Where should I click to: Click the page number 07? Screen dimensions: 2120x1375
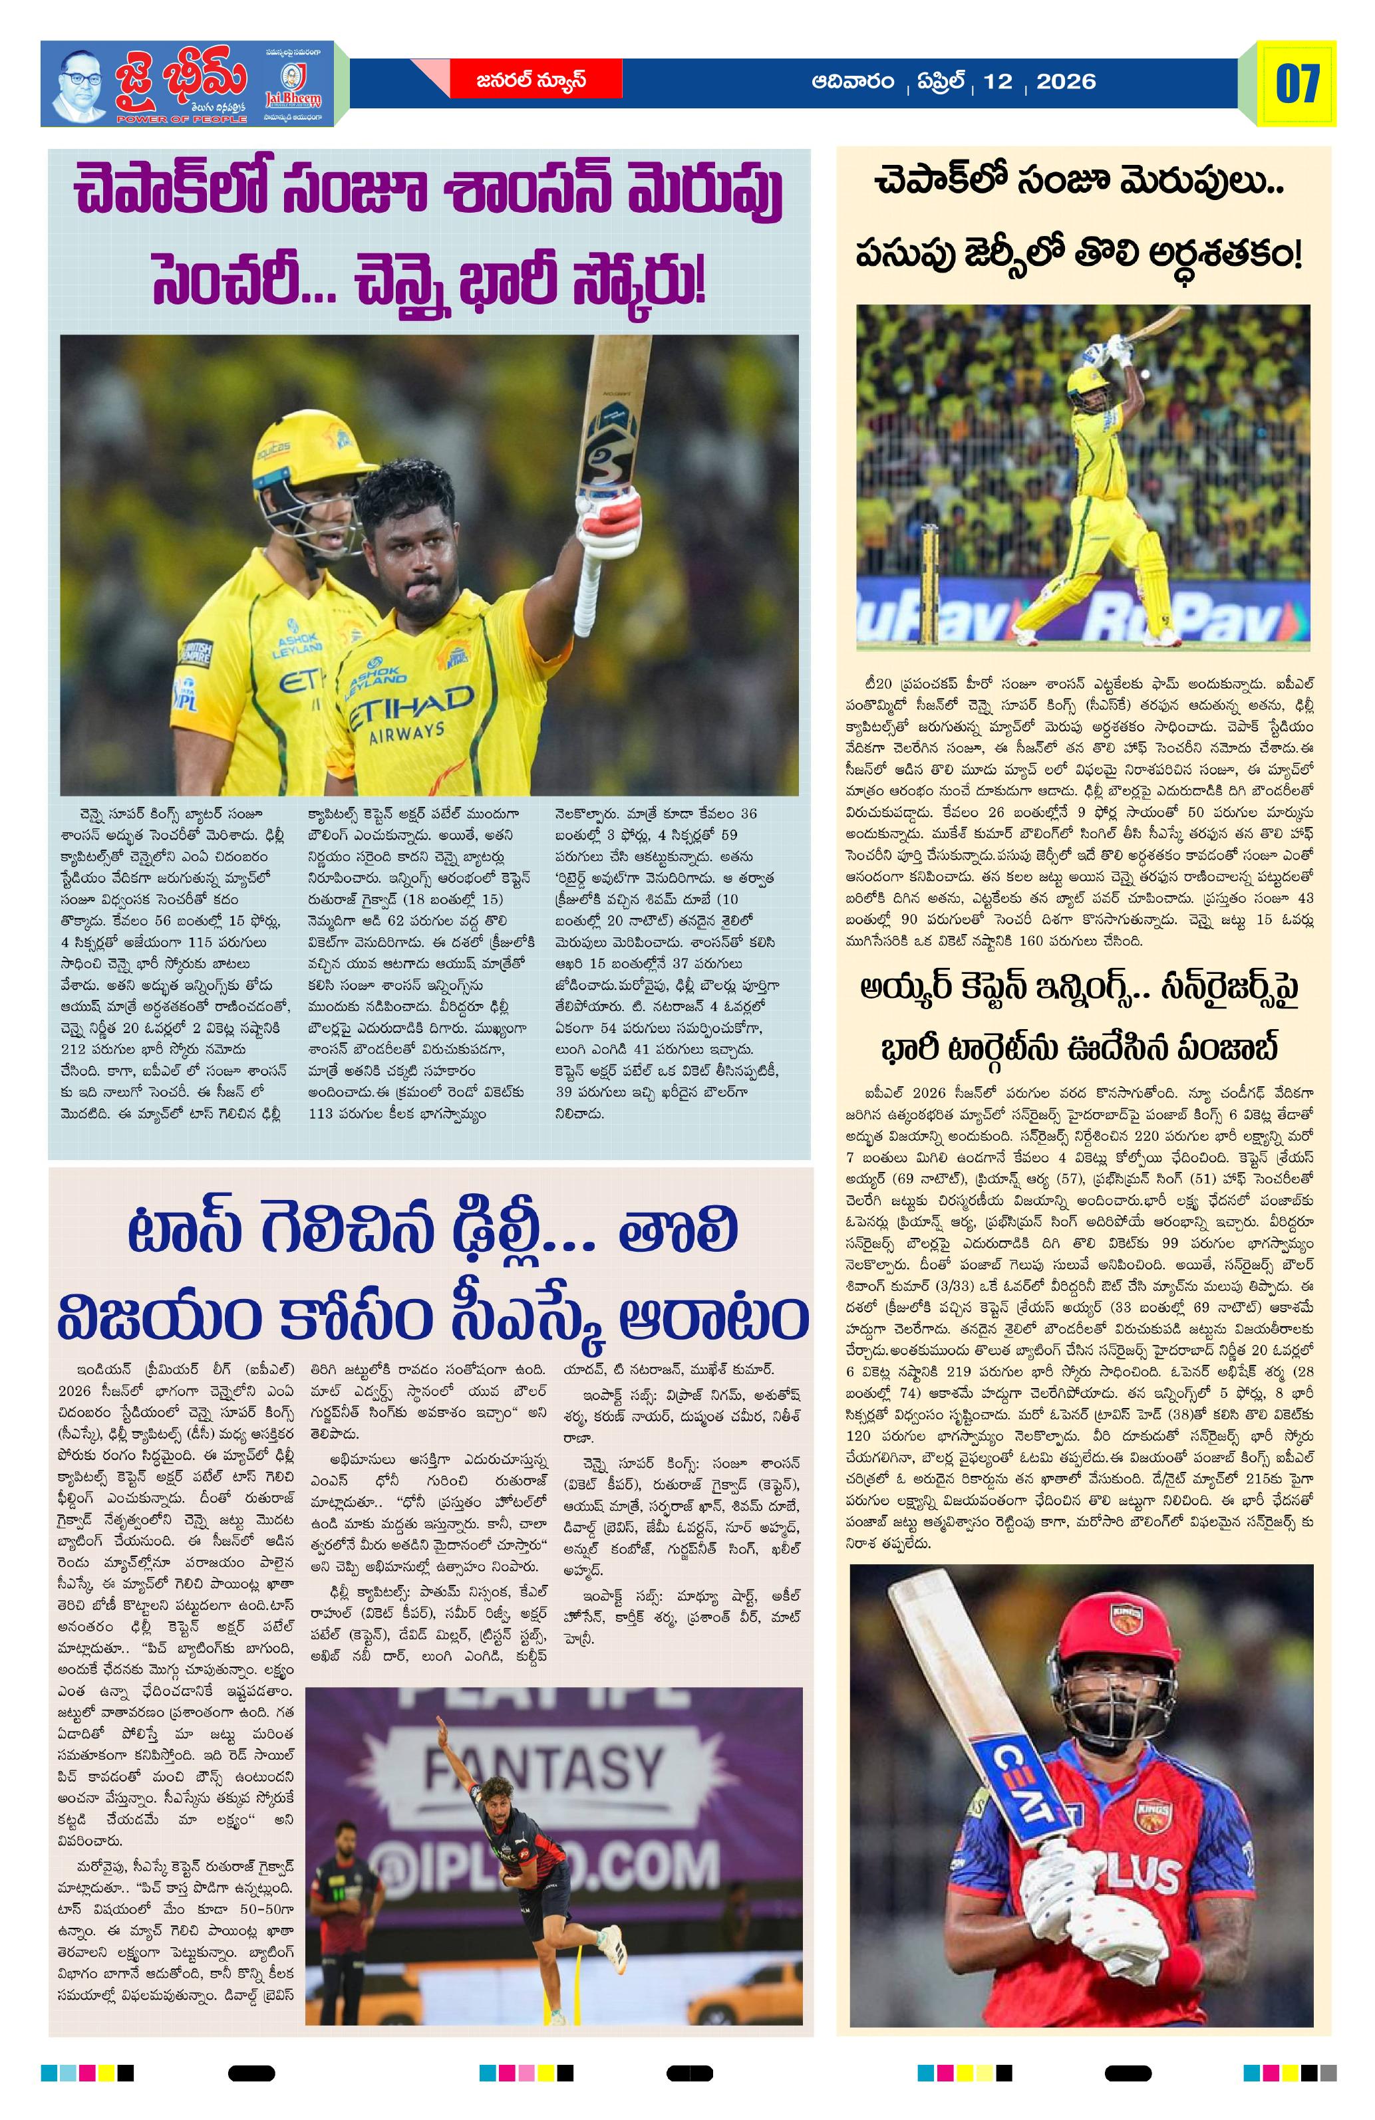[1297, 83]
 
